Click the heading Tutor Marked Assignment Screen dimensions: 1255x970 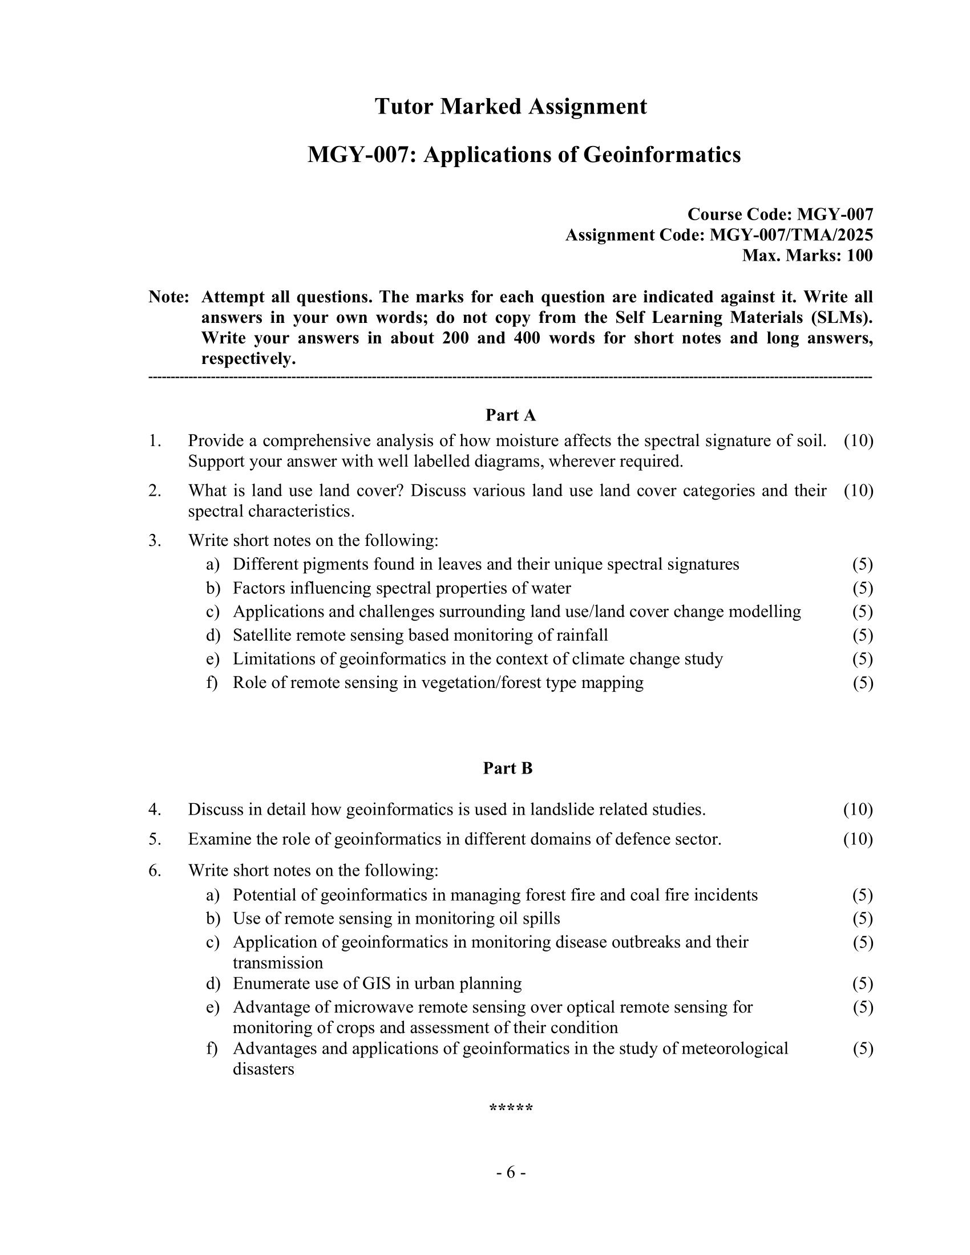pos(510,107)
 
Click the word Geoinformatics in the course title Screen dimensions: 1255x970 pos(662,155)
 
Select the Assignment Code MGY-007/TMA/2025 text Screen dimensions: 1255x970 pos(791,235)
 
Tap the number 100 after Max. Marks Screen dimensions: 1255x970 pos(859,255)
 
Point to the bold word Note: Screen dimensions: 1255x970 pos(168,297)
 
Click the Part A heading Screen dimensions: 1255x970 pos(510,415)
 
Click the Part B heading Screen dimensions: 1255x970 pos(507,768)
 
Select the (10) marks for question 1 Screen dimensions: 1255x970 pos(859,441)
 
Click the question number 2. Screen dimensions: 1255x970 pos(154,491)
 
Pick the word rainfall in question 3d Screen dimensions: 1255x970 pos(581,635)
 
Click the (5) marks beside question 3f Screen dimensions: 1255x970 pos(863,683)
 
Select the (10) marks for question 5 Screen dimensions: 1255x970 pos(858,840)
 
